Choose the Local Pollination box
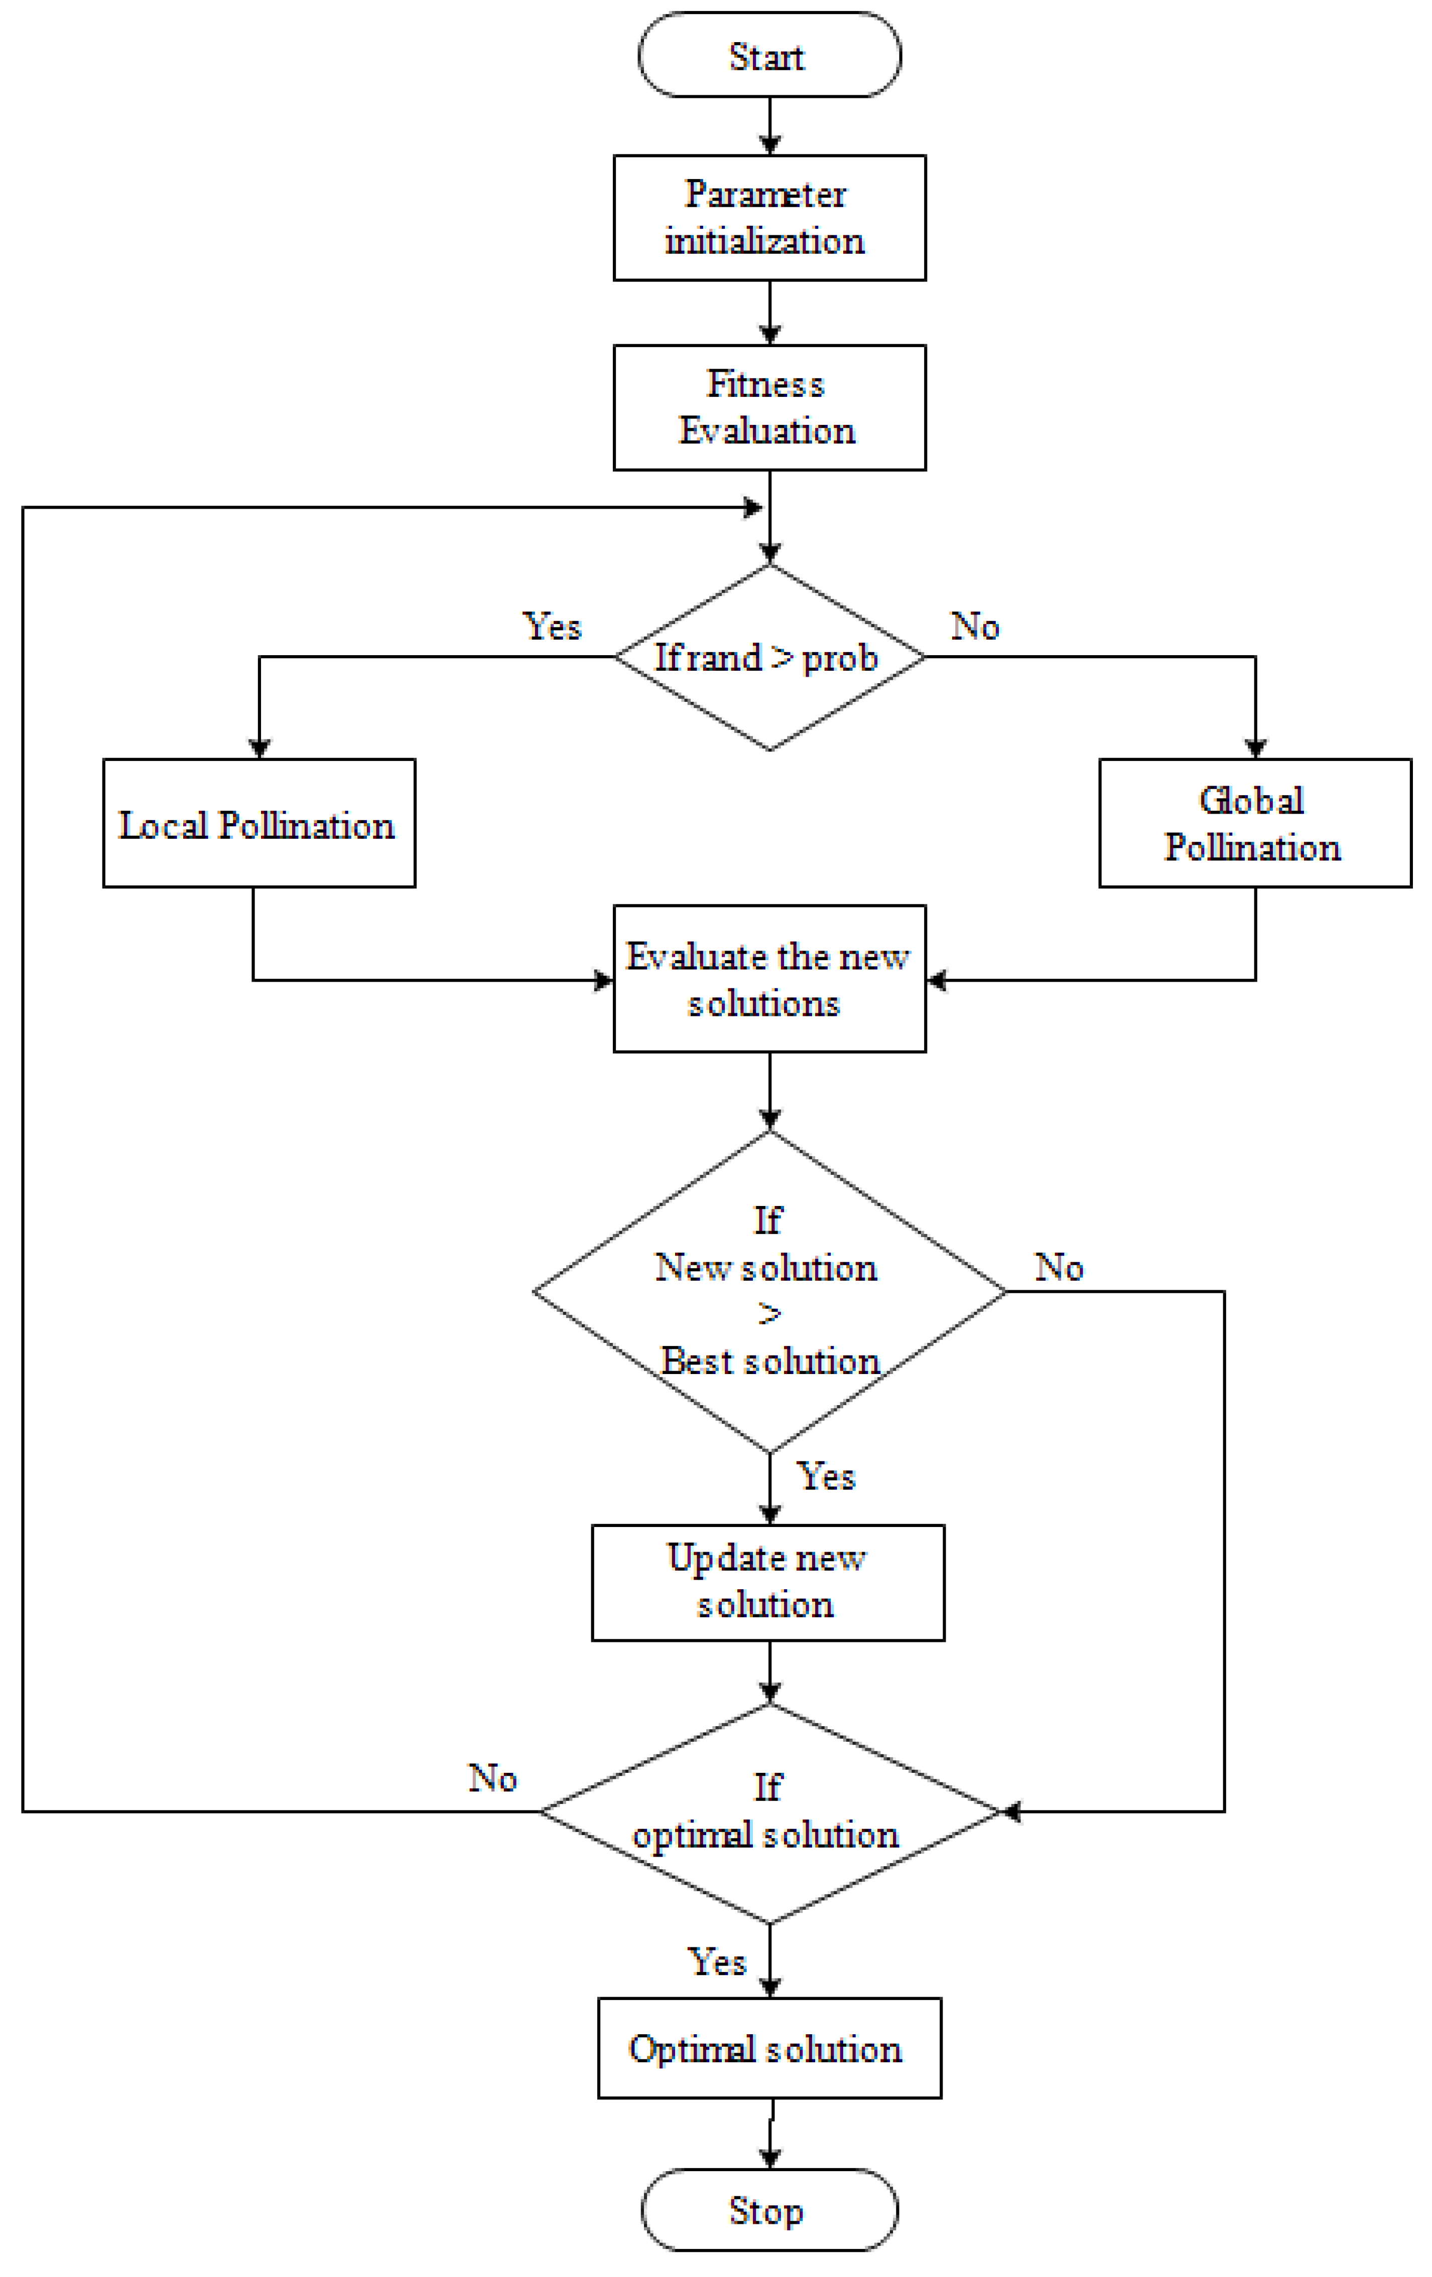(x=258, y=823)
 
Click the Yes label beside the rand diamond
(x=552, y=626)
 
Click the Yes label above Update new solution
(x=826, y=1476)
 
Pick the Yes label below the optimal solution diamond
(x=716, y=1962)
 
